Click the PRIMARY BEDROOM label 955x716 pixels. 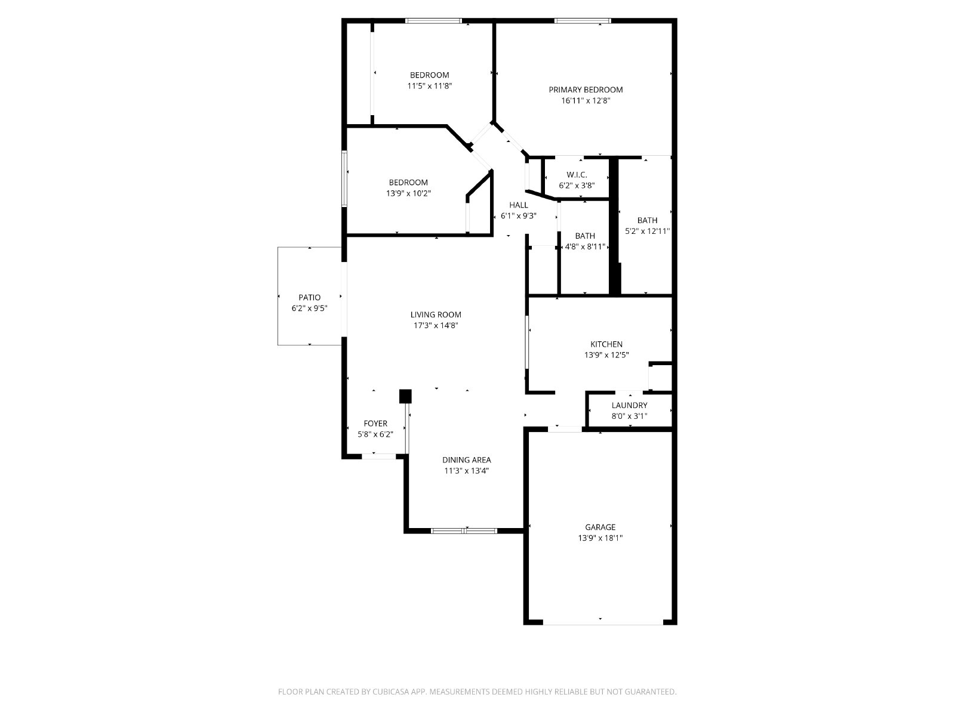point(585,89)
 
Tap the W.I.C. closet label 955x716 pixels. point(577,175)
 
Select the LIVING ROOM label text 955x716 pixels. point(436,314)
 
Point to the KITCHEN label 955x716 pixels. point(606,344)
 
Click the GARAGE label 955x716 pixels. point(600,527)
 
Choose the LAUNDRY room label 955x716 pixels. point(629,405)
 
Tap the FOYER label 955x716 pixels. point(375,424)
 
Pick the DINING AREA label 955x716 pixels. point(466,459)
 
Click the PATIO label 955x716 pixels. point(309,297)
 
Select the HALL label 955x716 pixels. point(518,205)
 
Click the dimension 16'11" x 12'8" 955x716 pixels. point(586,100)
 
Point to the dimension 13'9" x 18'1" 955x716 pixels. point(600,538)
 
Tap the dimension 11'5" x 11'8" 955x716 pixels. point(429,86)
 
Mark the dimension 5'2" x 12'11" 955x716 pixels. point(647,231)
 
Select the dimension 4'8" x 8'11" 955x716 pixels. point(585,246)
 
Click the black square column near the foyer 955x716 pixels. point(405,396)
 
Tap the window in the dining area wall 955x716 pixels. point(464,530)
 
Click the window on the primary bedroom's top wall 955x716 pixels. point(582,20)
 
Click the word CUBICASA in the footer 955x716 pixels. point(391,691)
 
